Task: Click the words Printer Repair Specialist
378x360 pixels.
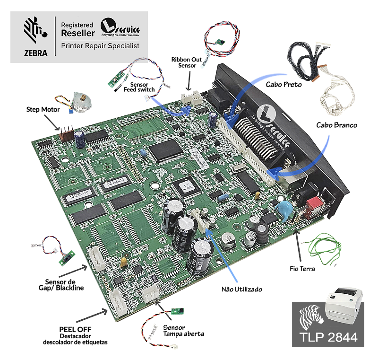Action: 100,46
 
